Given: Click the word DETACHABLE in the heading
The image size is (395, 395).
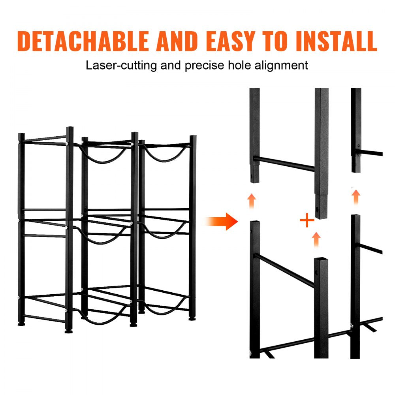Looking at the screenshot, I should (83, 41).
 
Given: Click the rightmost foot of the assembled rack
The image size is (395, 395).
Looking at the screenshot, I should (192, 318).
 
